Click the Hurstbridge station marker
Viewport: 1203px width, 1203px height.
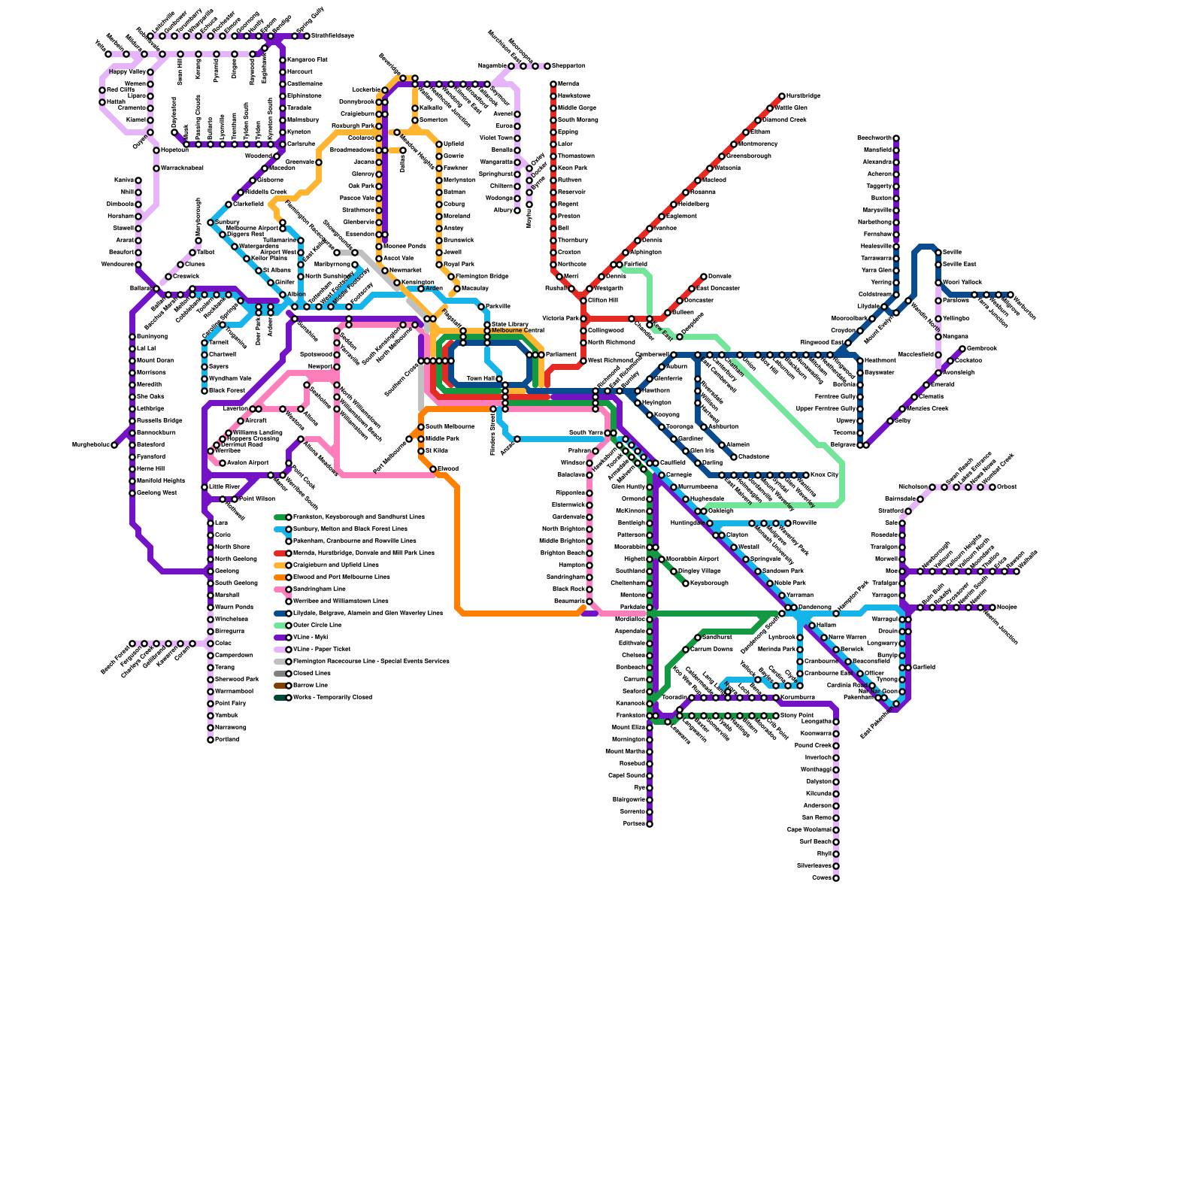(x=782, y=96)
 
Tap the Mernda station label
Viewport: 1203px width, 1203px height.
(x=568, y=84)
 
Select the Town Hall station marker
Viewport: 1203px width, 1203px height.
(x=499, y=379)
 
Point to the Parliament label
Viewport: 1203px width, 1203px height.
(x=560, y=355)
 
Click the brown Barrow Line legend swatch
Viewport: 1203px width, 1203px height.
(x=280, y=686)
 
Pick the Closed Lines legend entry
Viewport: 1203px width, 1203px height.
(x=311, y=674)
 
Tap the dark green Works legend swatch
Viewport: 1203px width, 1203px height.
(x=280, y=698)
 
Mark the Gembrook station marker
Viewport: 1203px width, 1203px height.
(x=962, y=349)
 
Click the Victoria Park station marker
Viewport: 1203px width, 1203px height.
(x=583, y=319)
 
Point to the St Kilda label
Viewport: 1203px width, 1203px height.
(x=437, y=451)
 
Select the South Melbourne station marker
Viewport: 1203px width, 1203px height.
(x=421, y=427)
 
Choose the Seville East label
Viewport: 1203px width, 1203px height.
(x=959, y=265)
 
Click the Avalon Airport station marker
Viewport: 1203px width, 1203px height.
(x=223, y=463)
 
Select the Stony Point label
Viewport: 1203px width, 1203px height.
(x=797, y=716)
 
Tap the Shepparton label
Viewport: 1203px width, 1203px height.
(x=568, y=66)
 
